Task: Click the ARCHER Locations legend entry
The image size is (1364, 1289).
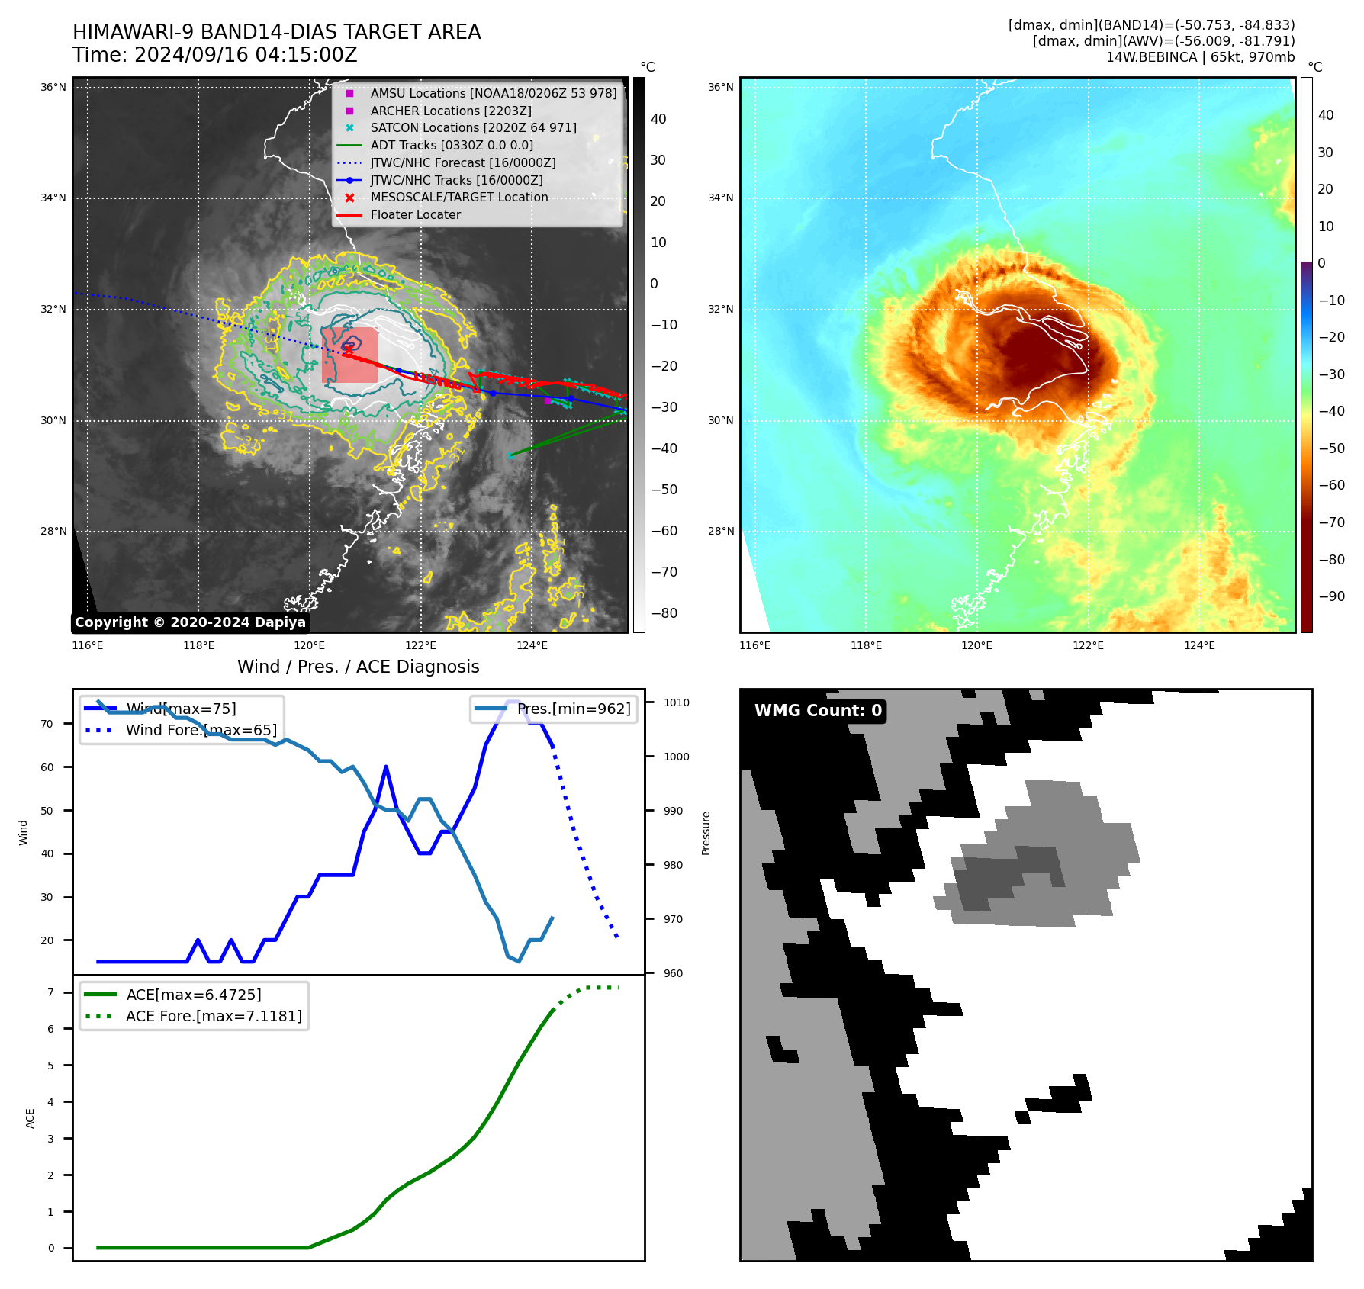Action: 450,111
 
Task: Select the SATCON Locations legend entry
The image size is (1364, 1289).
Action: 473,128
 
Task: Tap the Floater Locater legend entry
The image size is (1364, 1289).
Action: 415,215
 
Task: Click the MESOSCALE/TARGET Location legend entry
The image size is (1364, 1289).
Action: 458,198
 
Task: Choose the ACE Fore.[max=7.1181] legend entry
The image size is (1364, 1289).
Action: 214,1016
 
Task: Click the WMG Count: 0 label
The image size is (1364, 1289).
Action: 818,711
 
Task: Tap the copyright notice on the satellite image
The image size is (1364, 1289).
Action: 190,622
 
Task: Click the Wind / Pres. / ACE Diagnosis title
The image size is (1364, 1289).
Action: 358,667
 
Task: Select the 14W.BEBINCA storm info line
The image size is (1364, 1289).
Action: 1200,57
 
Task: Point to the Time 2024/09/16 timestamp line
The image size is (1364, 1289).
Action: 215,55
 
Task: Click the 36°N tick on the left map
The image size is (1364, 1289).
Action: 53,88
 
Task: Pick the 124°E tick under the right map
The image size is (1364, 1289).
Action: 1199,646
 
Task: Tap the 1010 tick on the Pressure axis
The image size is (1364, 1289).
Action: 676,702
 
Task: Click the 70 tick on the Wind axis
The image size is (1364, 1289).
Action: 47,724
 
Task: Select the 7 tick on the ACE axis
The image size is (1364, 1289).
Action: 51,992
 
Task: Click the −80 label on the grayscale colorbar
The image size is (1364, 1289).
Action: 664,613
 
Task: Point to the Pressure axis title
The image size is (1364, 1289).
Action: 706,833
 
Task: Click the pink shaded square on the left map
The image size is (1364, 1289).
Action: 349,355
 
